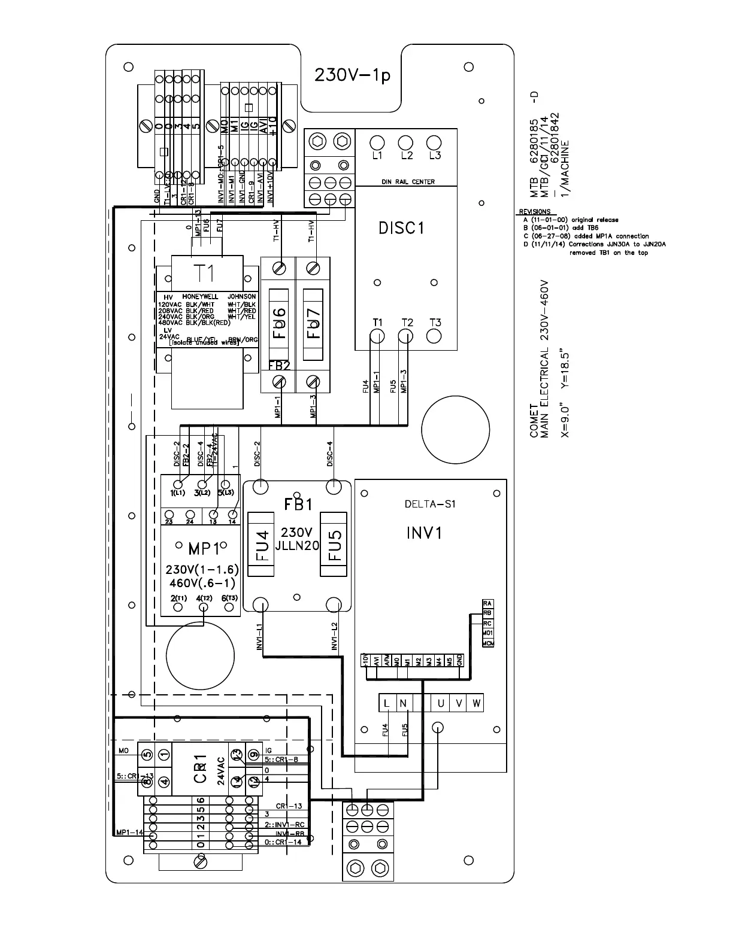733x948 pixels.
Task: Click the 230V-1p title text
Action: coord(352,77)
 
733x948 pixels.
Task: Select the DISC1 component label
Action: coord(401,228)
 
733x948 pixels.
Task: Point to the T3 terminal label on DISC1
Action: coord(435,323)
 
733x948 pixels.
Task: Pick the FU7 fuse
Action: coord(314,324)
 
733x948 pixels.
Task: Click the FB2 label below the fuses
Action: coord(279,366)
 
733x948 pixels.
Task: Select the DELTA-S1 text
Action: coord(430,504)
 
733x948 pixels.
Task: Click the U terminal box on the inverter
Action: coord(441,703)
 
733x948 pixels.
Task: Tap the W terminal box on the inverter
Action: coord(475,703)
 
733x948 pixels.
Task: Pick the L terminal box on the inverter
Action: coord(387,703)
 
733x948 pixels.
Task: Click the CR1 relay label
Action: coord(201,768)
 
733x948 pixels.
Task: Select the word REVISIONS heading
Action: coord(534,212)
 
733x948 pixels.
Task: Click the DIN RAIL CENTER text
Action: coord(408,182)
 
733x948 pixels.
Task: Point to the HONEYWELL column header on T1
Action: coord(200,296)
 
